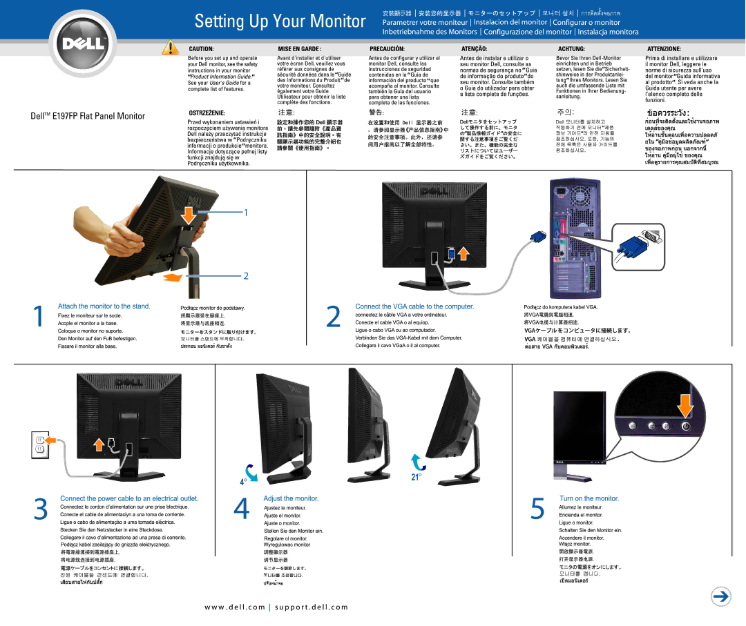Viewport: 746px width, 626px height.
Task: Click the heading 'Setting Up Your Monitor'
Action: (x=280, y=21)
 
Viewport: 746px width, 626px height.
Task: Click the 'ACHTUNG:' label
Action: (x=571, y=50)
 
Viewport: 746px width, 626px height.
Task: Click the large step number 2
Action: (x=333, y=316)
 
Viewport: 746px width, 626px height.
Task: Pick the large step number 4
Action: (x=240, y=509)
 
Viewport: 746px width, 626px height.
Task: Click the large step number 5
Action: (x=537, y=509)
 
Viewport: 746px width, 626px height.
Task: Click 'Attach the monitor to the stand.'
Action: (x=104, y=306)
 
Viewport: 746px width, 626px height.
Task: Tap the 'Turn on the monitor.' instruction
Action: (x=589, y=498)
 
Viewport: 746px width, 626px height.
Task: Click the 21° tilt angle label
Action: (x=417, y=476)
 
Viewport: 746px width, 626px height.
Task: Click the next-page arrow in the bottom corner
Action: (x=721, y=598)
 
